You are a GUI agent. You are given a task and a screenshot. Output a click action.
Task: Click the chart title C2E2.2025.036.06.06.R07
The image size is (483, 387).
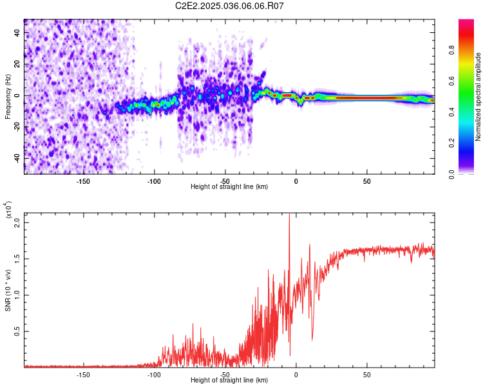[230, 6]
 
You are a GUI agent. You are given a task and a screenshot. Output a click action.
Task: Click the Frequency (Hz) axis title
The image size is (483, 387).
[8, 97]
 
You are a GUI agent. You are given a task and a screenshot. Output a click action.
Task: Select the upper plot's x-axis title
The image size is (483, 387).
[229, 186]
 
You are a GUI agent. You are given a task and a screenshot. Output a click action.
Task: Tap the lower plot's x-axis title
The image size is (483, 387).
[229, 380]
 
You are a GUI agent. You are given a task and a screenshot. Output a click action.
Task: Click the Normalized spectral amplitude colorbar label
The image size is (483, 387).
[478, 97]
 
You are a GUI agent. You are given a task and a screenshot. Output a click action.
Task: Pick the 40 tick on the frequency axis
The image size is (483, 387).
[17, 33]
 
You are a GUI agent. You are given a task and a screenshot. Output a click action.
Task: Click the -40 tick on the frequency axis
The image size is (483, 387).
[17, 158]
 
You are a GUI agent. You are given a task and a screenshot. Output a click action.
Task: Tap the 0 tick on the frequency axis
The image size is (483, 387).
[17, 95]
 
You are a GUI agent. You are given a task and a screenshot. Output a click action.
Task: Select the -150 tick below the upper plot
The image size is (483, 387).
[83, 181]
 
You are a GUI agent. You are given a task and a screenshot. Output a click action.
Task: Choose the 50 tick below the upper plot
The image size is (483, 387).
[366, 181]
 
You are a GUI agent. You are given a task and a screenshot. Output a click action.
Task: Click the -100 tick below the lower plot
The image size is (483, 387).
[154, 374]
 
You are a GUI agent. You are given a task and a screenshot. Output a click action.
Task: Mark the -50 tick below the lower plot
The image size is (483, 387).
[225, 374]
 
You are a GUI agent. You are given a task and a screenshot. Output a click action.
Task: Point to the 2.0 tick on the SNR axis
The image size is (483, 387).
[17, 222]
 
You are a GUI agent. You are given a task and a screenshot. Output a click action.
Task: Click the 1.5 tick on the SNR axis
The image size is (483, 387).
[17, 258]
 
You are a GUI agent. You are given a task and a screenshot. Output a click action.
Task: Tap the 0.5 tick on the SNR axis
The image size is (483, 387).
[17, 331]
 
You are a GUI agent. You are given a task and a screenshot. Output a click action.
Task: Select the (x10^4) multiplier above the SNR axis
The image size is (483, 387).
[9, 210]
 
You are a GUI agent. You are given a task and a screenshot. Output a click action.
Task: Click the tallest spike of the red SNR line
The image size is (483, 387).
[289, 216]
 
